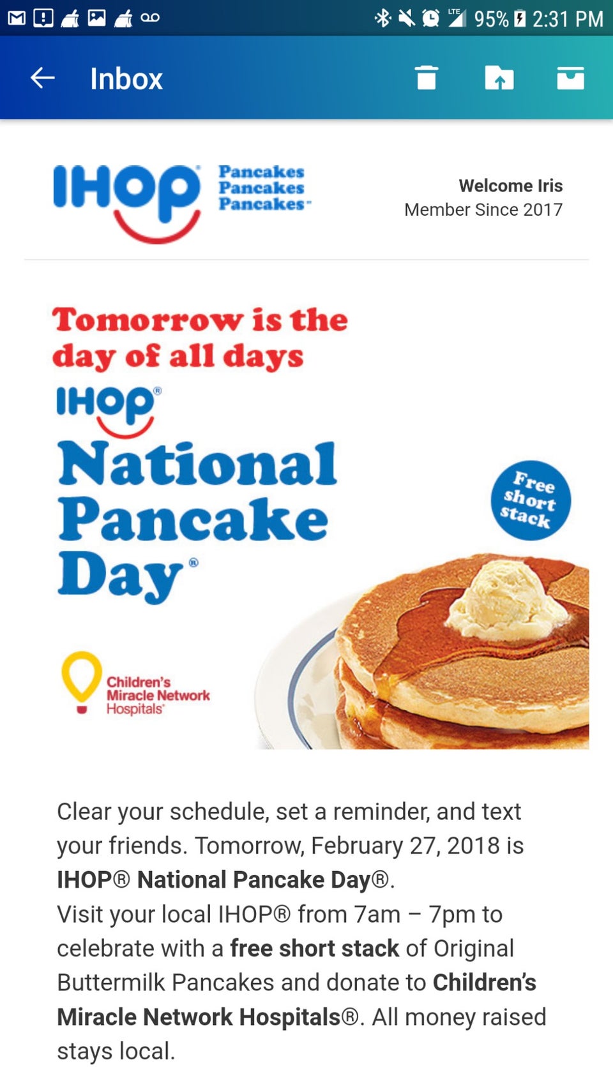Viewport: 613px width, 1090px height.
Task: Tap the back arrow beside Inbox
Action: pos(42,78)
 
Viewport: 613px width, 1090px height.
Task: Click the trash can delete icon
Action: pos(427,78)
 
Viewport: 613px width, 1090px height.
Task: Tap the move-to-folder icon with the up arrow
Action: pos(499,78)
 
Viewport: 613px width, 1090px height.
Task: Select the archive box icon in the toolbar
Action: pos(571,78)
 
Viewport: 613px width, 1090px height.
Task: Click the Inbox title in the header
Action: pos(126,79)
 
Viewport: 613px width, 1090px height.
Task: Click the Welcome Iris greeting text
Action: pos(510,186)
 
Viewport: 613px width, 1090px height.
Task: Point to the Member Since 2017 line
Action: pos(483,210)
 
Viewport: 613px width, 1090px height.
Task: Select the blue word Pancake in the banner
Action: pos(193,519)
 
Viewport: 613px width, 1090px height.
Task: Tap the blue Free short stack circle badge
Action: pos(530,500)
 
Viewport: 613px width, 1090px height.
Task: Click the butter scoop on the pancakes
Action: pos(506,599)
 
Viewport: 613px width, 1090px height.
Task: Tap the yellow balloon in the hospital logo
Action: pos(81,677)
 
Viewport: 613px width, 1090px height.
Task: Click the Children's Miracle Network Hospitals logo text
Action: pos(158,696)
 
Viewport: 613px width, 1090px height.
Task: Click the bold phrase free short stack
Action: pos(315,948)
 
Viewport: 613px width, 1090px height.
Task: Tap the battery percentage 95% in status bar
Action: pos(491,19)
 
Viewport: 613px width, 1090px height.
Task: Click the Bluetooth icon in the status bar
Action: pos(382,19)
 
